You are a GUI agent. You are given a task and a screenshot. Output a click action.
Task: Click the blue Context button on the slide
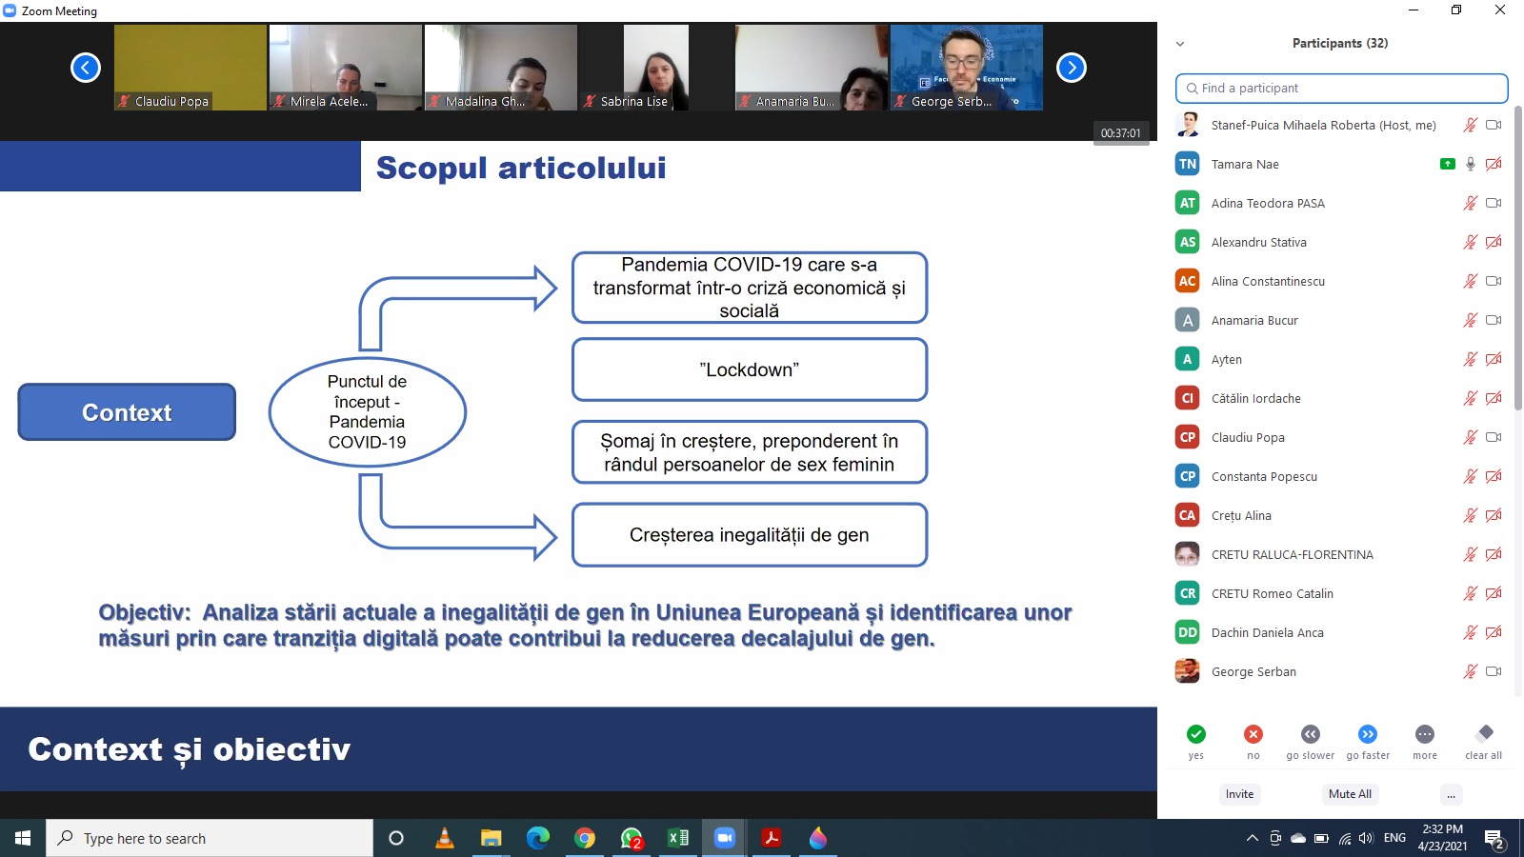point(127,412)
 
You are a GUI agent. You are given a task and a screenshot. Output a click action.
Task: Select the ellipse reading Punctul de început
point(368,411)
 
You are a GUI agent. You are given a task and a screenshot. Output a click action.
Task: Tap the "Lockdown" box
point(749,369)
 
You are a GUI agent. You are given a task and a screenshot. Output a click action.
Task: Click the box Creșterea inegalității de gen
point(749,534)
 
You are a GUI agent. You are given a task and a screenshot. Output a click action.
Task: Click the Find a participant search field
point(1341,89)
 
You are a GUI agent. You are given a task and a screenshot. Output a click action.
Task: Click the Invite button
point(1239,794)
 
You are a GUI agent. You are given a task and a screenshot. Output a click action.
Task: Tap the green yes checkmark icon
point(1195,734)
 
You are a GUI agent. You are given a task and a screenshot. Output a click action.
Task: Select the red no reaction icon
point(1253,734)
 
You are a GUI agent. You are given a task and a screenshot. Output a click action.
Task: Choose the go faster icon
point(1367,734)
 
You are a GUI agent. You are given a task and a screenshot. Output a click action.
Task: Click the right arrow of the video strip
point(1071,68)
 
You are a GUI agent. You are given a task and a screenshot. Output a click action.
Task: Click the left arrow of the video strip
point(86,68)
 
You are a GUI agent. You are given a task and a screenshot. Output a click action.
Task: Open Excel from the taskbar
point(677,838)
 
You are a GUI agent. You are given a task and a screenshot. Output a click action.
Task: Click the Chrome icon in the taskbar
point(585,838)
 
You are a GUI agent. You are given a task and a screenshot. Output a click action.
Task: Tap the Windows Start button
point(23,838)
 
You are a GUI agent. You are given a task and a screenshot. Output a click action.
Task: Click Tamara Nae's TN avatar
point(1187,164)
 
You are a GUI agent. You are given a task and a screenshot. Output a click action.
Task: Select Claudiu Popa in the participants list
point(1248,437)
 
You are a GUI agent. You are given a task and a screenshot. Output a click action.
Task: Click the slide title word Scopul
point(431,169)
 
